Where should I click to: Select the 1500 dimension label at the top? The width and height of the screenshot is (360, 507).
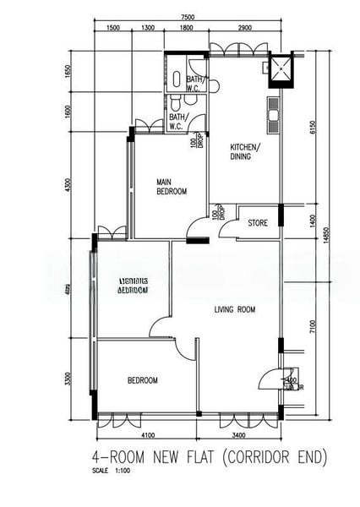pyautogui.click(x=113, y=29)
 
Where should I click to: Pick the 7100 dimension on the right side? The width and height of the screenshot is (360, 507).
pyautogui.click(x=312, y=326)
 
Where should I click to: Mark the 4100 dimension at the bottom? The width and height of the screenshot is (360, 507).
pyautogui.click(x=147, y=436)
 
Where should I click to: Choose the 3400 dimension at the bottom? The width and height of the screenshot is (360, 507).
pyautogui.click(x=239, y=436)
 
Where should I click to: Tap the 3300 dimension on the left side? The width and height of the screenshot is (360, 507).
pyautogui.click(x=69, y=379)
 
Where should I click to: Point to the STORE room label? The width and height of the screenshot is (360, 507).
pyautogui.click(x=258, y=224)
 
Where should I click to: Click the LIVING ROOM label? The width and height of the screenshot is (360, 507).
pyautogui.click(x=234, y=310)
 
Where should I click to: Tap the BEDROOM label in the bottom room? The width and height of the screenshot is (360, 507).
pyautogui.click(x=142, y=381)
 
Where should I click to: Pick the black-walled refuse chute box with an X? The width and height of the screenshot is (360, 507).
pyautogui.click(x=279, y=72)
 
